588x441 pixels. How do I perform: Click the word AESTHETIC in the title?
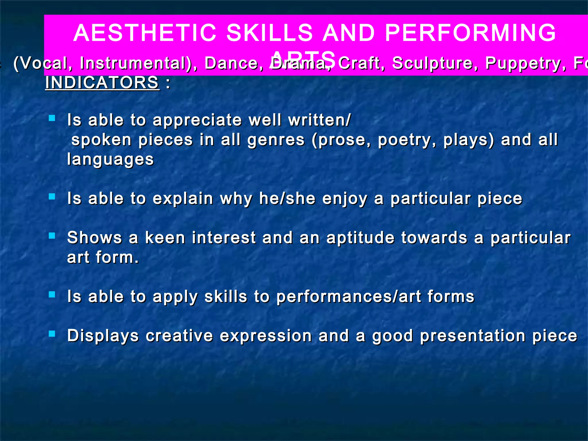point(145,32)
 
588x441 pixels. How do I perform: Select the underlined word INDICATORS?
point(102,83)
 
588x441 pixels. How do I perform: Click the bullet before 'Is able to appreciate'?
point(52,118)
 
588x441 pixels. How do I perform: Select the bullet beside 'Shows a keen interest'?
point(52,236)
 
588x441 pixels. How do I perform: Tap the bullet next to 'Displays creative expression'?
point(52,334)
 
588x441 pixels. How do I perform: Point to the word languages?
point(111,160)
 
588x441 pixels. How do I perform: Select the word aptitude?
point(360,238)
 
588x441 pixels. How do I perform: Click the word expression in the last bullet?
point(266,336)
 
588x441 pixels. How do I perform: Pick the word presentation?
point(473,336)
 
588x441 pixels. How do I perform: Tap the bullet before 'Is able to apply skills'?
point(52,295)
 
